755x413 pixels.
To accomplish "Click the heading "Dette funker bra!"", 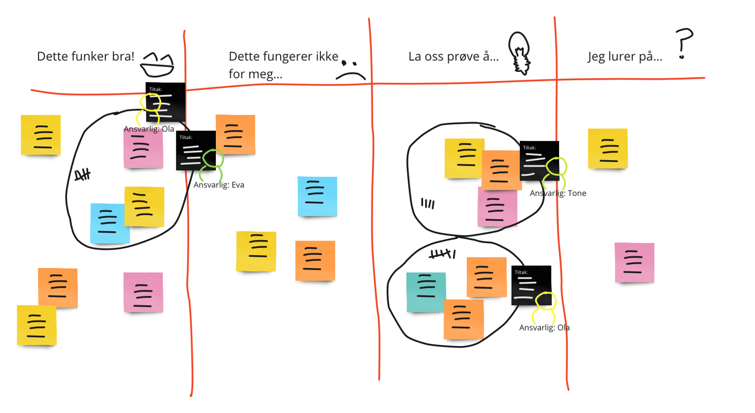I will [85, 56].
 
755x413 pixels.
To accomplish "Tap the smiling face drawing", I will [157, 65].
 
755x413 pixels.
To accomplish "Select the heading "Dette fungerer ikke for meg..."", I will [283, 65].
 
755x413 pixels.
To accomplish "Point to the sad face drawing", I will [350, 70].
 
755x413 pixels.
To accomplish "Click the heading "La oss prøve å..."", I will [453, 56].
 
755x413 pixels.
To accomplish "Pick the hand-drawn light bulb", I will [519, 52].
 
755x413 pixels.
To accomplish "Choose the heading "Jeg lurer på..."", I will [624, 56].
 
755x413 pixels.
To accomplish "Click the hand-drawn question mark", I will [683, 43].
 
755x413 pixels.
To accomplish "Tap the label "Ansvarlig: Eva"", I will [219, 185].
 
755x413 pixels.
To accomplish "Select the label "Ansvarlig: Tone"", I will [558, 193].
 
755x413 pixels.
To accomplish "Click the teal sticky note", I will [425, 292].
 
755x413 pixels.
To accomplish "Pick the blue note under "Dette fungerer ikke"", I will [317, 196].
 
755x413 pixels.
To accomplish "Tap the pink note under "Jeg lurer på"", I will [634, 262].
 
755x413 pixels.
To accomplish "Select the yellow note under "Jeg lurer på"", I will [608, 149].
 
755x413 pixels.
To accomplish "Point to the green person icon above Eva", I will [213, 163].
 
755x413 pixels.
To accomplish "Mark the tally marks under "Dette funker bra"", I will [82, 175].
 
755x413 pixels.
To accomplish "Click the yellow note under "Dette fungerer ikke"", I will [256, 251].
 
